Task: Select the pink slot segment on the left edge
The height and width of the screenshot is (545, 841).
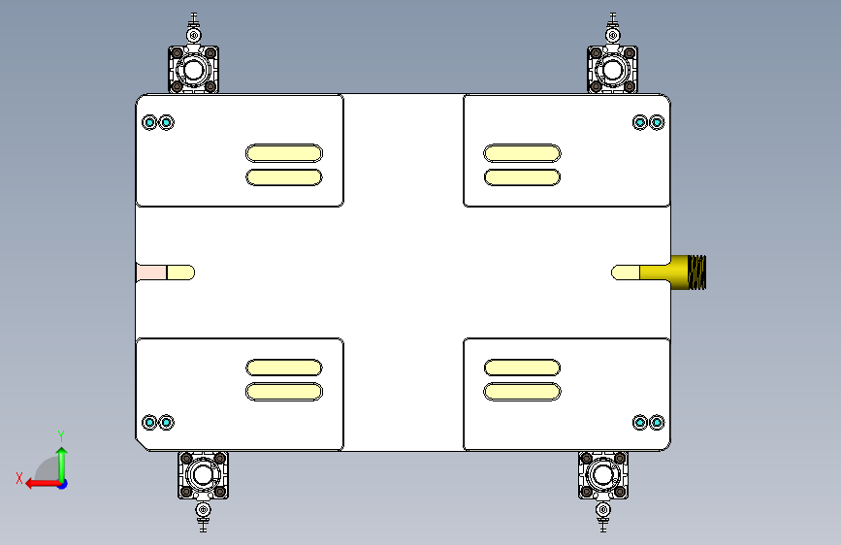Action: click(151, 272)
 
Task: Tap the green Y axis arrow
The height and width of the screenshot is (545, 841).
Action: click(62, 465)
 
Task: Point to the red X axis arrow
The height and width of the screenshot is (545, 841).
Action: click(44, 483)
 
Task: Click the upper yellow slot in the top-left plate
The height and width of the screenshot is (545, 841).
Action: click(284, 153)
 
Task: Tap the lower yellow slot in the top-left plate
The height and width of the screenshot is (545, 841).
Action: click(284, 177)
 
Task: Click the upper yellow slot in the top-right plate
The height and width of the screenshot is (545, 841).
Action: click(522, 153)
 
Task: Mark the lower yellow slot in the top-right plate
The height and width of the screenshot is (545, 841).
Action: click(522, 177)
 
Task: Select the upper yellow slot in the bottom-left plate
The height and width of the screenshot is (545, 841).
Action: click(284, 368)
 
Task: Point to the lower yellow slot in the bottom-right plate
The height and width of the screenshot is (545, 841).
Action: click(522, 392)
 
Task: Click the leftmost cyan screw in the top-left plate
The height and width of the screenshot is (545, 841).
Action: click(149, 123)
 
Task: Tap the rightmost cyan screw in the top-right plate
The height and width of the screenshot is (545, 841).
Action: click(657, 123)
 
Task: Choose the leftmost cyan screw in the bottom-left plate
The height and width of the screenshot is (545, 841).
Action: click(149, 423)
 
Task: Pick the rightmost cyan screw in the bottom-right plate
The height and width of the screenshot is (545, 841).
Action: click(657, 423)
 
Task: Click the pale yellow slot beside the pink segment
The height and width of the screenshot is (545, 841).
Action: click(180, 272)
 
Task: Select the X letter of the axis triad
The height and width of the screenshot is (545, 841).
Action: click(19, 478)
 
